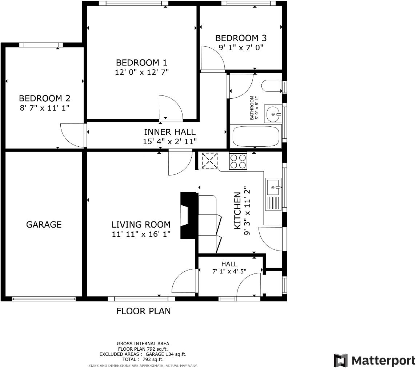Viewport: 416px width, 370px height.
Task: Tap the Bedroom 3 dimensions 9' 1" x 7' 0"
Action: click(241, 47)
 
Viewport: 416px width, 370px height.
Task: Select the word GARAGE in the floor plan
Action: click(44, 224)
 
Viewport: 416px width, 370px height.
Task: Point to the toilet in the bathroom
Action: click(272, 86)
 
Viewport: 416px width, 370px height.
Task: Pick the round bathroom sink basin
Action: click(273, 115)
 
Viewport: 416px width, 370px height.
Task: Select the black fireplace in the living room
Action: click(189, 215)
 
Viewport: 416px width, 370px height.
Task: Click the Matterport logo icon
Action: click(341, 361)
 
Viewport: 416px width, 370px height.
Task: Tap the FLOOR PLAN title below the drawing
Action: click(143, 311)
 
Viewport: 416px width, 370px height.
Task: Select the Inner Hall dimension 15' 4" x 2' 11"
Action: click(170, 141)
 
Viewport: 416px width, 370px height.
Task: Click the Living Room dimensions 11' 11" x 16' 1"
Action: click(141, 234)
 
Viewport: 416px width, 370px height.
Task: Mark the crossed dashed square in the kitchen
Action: click(209, 161)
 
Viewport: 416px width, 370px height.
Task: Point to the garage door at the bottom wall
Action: click(44, 299)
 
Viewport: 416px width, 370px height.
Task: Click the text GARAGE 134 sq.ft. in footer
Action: click(166, 354)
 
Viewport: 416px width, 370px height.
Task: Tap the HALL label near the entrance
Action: click(229, 264)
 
